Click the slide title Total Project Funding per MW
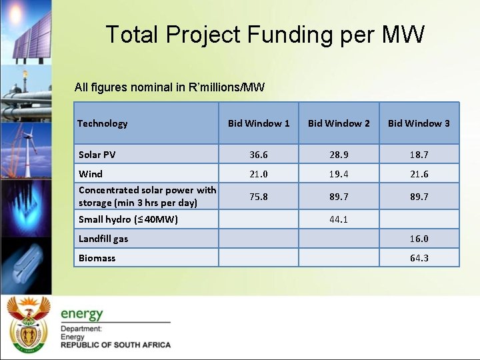coord(265,35)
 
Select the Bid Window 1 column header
coord(259,123)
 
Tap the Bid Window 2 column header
coord(339,123)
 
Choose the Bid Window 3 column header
coord(419,123)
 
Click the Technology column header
coord(102,123)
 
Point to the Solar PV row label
coord(97,155)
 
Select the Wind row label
coord(91,174)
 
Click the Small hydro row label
coord(128,219)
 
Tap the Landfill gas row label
coord(103,239)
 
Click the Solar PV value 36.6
coord(259,155)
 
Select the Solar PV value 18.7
coord(419,155)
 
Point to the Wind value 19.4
coord(339,174)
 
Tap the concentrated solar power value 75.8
coord(259,197)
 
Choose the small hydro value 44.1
coord(339,219)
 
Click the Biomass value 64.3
coord(419,258)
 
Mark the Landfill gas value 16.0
coord(419,239)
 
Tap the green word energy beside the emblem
coord(82,313)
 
